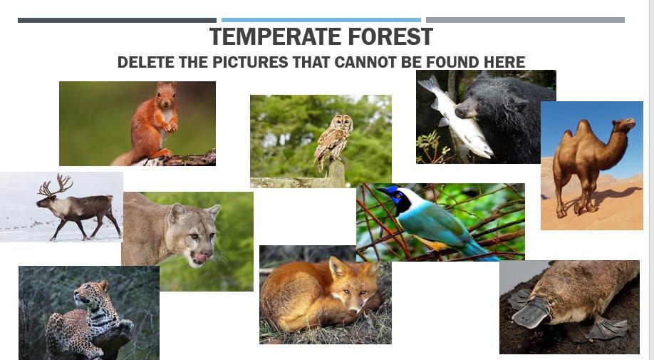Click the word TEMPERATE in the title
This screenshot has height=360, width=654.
pos(276,36)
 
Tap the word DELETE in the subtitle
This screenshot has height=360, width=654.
pos(145,62)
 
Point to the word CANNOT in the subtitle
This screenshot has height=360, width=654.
pos(365,62)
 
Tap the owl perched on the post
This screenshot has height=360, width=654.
pos(333,142)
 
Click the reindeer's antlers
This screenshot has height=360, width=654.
pos(56,185)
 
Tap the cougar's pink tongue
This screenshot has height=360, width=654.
pos(201,258)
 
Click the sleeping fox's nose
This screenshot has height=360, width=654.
pos(353,310)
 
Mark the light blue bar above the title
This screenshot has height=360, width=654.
pos(321,20)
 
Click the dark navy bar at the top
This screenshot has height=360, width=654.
pos(118,20)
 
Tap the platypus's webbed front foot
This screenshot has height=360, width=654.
pos(608,327)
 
